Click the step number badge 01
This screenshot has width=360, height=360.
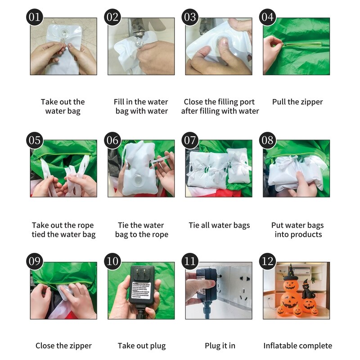tap(35, 17)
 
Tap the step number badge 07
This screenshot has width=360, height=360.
tap(190, 140)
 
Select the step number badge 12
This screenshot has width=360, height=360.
tap(267, 261)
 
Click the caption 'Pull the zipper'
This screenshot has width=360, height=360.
tap(297, 102)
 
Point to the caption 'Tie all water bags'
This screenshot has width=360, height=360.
tap(219, 225)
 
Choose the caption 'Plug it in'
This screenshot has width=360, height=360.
tap(220, 346)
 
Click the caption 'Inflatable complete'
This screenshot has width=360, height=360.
tap(298, 346)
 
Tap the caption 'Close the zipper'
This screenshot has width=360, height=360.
tap(63, 346)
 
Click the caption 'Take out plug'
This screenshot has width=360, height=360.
tap(142, 346)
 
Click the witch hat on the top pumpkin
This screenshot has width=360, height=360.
tap(290, 273)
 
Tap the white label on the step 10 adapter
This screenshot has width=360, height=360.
tap(141, 290)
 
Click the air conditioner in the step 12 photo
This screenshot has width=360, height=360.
tap(301, 271)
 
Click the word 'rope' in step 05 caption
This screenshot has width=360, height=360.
tap(85, 226)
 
